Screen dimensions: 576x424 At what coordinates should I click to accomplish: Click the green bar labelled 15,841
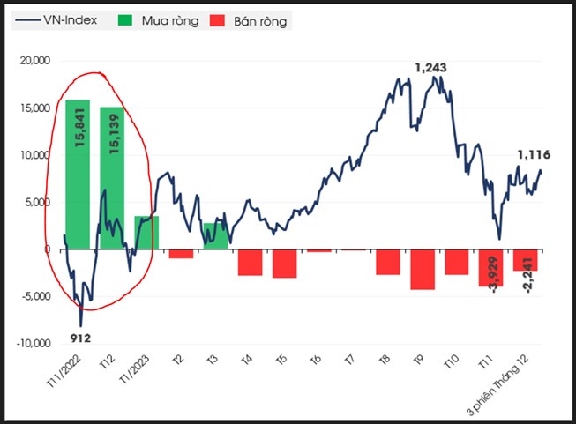(x=78, y=175)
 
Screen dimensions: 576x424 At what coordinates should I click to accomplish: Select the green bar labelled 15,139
(x=112, y=178)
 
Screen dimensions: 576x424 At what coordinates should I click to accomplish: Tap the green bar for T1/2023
(x=146, y=233)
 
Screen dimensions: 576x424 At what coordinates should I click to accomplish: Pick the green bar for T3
(x=215, y=236)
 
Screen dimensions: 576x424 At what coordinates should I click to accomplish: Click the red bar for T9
(x=423, y=270)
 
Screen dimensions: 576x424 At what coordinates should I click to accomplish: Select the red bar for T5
(x=284, y=264)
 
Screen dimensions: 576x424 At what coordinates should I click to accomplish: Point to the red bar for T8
(x=388, y=262)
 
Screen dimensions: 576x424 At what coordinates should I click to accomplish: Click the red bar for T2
(x=181, y=254)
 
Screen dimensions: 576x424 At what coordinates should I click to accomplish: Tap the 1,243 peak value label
(x=431, y=68)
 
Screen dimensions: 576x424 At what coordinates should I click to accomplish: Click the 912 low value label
(x=80, y=338)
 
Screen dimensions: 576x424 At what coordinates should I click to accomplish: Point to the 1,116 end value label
(x=535, y=155)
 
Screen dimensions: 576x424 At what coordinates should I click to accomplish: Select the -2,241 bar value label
(x=528, y=275)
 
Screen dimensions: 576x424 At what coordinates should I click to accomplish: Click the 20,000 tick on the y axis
(x=35, y=61)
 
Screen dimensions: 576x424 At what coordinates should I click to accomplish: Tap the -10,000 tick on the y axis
(x=34, y=344)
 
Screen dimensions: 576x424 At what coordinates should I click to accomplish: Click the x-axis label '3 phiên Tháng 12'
(x=498, y=385)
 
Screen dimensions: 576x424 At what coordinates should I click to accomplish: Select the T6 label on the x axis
(x=316, y=360)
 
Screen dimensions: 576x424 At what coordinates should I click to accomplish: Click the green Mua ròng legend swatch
(x=125, y=20)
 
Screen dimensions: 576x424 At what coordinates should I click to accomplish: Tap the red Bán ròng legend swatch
(x=217, y=20)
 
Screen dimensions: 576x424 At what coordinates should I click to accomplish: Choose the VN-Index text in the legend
(x=71, y=20)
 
